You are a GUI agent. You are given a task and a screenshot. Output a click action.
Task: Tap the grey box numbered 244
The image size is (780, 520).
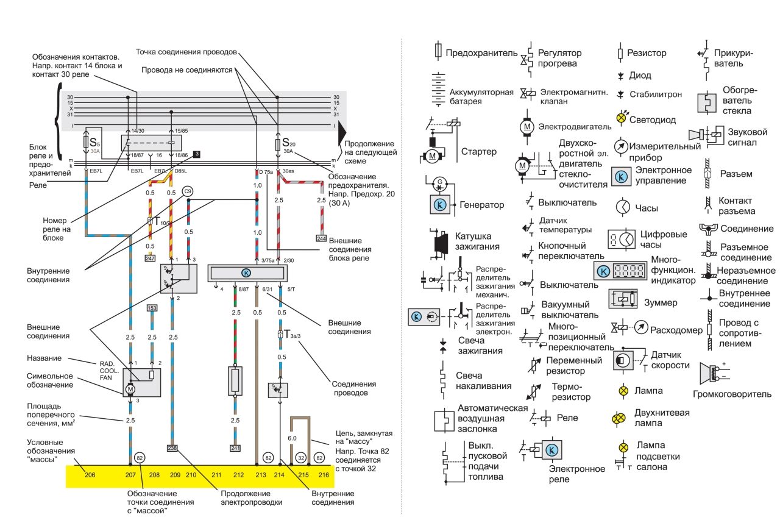[321, 238]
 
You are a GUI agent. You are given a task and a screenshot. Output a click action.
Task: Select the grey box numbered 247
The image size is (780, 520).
[151, 258]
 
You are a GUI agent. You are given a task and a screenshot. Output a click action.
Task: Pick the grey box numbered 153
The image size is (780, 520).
[152, 308]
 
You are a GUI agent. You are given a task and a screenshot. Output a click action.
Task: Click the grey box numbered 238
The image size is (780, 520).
[173, 448]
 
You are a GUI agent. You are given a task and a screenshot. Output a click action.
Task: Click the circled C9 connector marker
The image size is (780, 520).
[188, 191]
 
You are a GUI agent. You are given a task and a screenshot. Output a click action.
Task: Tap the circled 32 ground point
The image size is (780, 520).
[300, 457]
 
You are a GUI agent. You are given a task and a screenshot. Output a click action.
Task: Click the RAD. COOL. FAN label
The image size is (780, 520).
[109, 370]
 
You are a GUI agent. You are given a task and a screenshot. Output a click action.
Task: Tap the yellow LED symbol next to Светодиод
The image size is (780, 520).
[622, 118]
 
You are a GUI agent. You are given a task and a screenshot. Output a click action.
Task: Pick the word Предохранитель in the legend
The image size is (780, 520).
[481, 53]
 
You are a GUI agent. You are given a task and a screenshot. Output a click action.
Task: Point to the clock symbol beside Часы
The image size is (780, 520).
[622, 207]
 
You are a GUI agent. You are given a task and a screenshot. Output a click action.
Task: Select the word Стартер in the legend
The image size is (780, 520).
[479, 151]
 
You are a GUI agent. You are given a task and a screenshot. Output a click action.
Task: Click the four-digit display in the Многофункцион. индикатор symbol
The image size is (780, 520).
[632, 271]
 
